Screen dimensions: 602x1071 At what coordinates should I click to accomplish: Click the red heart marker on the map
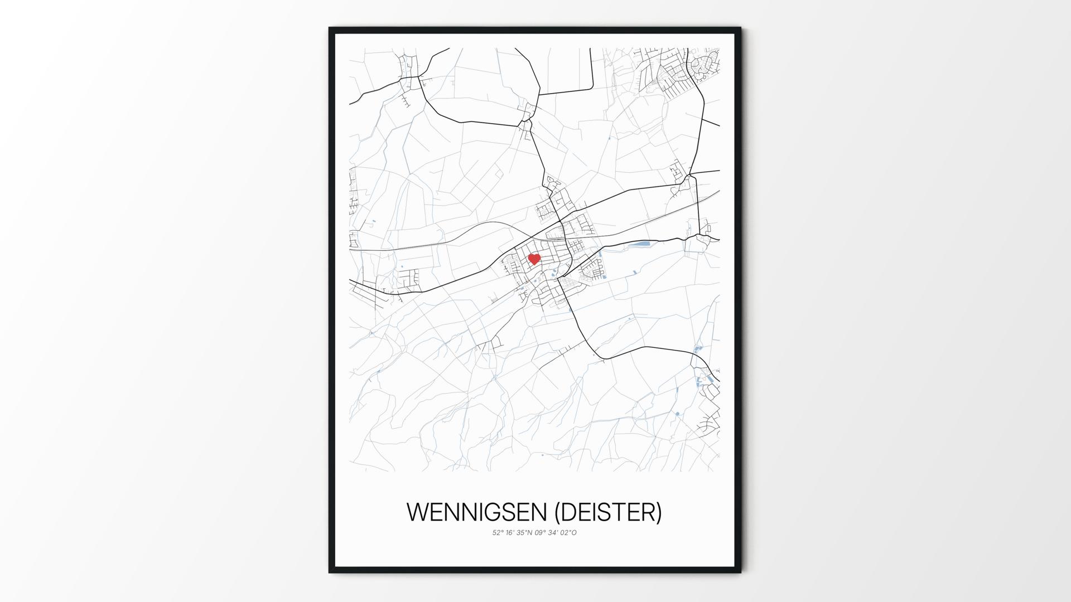point(534,259)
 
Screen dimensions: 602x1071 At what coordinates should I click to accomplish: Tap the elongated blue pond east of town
point(640,244)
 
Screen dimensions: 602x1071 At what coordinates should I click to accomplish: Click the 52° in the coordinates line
point(497,533)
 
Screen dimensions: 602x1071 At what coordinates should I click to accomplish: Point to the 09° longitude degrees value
point(541,533)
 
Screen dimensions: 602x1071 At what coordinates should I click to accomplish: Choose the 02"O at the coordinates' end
point(570,533)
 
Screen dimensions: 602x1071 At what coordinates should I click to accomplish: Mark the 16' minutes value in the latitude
point(510,533)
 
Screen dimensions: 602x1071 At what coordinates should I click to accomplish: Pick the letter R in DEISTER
point(647,512)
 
